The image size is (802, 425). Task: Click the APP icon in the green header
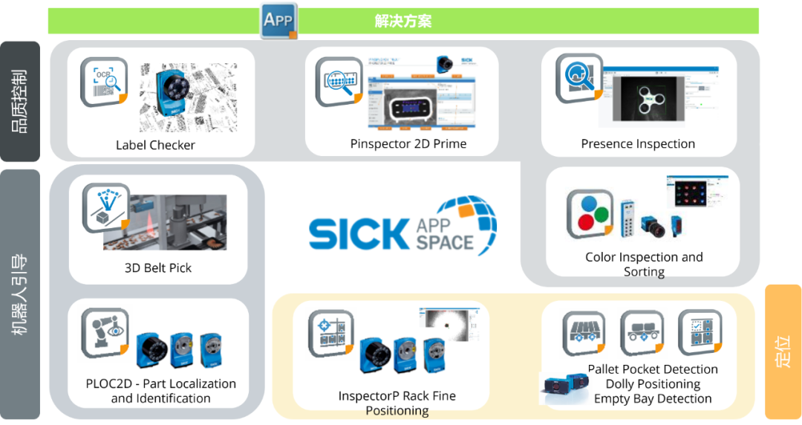pyautogui.click(x=278, y=20)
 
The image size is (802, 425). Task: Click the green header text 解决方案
pyautogui.click(x=402, y=21)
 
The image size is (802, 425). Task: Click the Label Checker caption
pyautogui.click(x=155, y=145)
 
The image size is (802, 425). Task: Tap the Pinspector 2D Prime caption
pyautogui.click(x=408, y=143)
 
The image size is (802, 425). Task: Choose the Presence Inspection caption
pyautogui.click(x=638, y=143)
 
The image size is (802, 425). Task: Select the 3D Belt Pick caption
pyautogui.click(x=157, y=267)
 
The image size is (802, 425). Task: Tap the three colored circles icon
pyautogui.click(x=590, y=212)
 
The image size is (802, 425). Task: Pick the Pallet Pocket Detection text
pyautogui.click(x=653, y=369)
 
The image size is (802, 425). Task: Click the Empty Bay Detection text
pyautogui.click(x=653, y=399)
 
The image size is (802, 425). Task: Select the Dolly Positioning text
pyautogui.click(x=653, y=384)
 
